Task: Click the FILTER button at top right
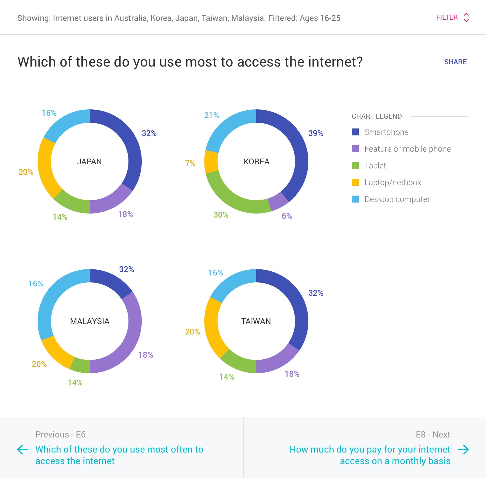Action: click(x=452, y=17)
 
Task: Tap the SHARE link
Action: click(x=455, y=62)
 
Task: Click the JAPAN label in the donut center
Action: click(x=89, y=161)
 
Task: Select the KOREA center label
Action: click(x=256, y=161)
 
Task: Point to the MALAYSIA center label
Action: click(x=90, y=321)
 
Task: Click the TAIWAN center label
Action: click(x=256, y=321)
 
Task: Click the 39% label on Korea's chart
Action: click(x=316, y=133)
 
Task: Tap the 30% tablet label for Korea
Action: click(x=221, y=215)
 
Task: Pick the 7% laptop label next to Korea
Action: click(x=190, y=163)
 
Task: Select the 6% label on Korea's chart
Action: click(x=287, y=216)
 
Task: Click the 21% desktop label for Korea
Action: click(x=211, y=115)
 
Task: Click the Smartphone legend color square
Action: click(x=355, y=132)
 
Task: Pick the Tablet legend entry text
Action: click(x=375, y=166)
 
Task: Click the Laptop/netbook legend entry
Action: click(x=393, y=182)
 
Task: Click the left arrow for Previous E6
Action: click(x=23, y=450)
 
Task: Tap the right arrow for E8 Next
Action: click(x=463, y=450)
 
